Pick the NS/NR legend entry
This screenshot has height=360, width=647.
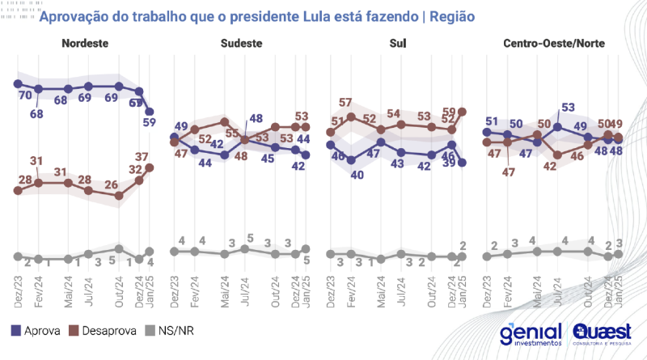pos(172,330)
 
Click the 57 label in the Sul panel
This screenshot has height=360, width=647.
pos(345,103)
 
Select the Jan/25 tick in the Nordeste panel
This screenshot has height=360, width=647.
pos(150,288)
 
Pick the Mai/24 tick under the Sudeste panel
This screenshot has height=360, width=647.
pos(224,288)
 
